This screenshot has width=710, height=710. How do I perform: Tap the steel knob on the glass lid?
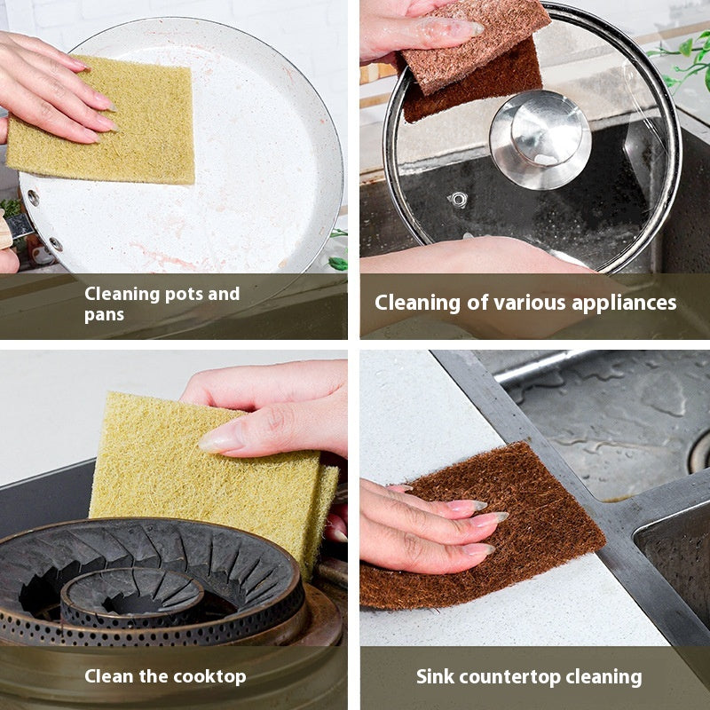tap(540, 138)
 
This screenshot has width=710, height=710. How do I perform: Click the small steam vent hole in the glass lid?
tap(458, 200)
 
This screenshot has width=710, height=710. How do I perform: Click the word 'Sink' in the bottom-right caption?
tap(436, 676)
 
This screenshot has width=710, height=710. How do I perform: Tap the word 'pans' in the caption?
tap(105, 315)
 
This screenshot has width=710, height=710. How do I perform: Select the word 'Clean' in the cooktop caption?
tap(112, 676)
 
